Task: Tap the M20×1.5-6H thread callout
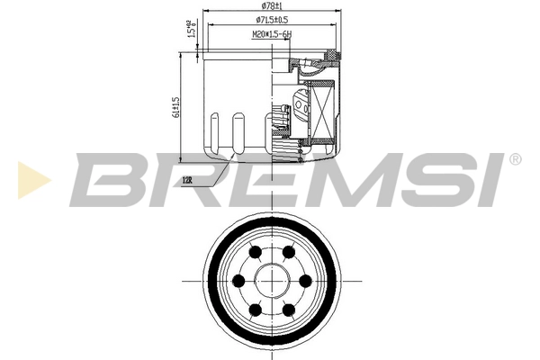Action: (272, 34)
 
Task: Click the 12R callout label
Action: (187, 180)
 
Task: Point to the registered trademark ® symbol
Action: (515, 159)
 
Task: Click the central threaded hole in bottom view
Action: (273, 281)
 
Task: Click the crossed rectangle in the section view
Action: (319, 112)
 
